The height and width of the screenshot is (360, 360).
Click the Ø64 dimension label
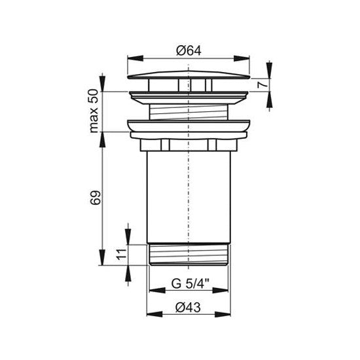(x=189, y=51)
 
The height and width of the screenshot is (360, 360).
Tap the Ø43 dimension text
(x=188, y=308)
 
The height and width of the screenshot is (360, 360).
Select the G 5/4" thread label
(x=190, y=283)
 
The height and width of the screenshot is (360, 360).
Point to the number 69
(x=96, y=197)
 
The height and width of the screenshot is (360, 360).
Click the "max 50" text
(x=94, y=111)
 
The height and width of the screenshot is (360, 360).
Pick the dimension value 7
(x=263, y=84)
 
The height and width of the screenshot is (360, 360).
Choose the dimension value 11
(x=122, y=255)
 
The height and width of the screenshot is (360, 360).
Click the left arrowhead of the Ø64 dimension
(x=135, y=58)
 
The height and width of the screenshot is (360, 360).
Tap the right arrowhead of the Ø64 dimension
(x=242, y=58)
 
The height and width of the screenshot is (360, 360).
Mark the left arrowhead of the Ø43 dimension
(x=154, y=314)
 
